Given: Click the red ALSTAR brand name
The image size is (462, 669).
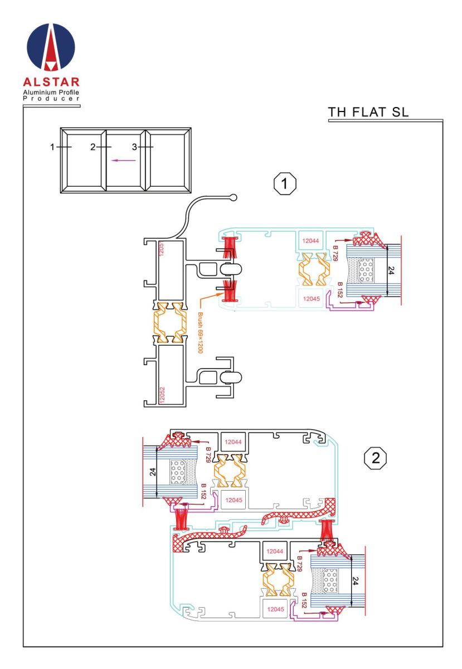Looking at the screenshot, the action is pos(51,82).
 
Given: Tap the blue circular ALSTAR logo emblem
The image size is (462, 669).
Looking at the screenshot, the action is pos(51,47).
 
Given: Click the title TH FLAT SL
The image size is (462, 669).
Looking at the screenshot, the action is pos(368,112).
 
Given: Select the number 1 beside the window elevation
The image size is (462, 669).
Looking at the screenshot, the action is pos(52,147).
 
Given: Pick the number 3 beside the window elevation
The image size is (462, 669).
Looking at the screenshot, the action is pos(134,147).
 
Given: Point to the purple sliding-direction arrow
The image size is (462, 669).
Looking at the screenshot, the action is pos(124,161).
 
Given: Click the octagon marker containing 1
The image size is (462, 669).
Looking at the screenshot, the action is pos(285,183).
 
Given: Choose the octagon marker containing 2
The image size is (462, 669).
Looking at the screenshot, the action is pos(375,458).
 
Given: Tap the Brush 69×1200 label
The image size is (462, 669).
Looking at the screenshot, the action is pos(201,333).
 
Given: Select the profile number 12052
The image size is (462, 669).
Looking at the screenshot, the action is pos(162,395).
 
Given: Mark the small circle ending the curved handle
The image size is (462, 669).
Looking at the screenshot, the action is pos(234,197).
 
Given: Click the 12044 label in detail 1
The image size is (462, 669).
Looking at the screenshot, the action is pos(310,241).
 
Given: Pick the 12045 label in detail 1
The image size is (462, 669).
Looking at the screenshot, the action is pos(311,299).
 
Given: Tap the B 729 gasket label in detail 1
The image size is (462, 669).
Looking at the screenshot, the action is pos(335,253).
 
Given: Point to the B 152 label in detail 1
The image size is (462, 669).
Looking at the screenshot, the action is pos(339,290).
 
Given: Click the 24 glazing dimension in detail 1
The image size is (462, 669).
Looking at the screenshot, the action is pos(391,270).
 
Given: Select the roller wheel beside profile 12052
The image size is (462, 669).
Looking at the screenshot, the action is pos(231,377).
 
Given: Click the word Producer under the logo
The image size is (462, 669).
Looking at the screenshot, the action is pos(51,99).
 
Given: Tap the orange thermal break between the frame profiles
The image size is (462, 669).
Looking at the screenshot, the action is pos(170,323).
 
